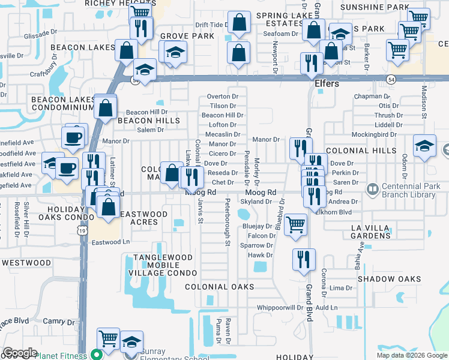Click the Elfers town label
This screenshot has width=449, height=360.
point(327,84)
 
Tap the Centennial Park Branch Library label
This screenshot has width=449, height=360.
point(410,190)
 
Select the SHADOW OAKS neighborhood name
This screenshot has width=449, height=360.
point(389,279)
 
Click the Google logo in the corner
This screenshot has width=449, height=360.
point(20,353)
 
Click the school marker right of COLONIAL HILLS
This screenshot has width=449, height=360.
point(424,145)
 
